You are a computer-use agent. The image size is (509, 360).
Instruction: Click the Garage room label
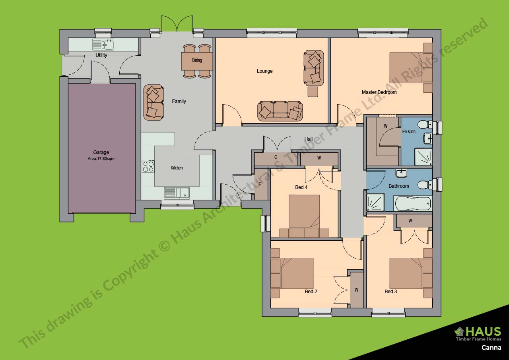coord(101,152)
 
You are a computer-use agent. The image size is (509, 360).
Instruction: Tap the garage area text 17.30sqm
coord(101,158)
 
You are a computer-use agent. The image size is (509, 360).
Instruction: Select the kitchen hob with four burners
coord(148,166)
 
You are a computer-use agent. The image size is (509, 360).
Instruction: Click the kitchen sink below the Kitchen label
coord(177,193)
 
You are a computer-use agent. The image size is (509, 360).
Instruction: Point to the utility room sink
coord(103,44)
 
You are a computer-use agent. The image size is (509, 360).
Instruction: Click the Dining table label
coord(197,60)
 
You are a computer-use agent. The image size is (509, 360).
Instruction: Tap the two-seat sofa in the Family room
coord(153,102)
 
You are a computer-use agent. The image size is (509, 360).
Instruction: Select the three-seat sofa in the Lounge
coord(280,111)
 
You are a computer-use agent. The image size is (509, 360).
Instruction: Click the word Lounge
coord(265,71)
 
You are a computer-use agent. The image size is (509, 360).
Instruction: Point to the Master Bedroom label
coord(379,92)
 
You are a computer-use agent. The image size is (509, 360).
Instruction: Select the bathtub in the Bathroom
coord(412,204)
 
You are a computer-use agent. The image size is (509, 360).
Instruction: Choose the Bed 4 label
coord(301,187)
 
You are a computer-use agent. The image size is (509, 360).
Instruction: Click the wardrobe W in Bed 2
coord(356,290)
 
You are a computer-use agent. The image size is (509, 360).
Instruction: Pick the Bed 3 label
coord(390,292)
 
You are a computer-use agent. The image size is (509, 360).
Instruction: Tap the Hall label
coord(309,139)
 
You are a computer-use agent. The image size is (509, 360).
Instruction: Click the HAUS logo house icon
coord(460,331)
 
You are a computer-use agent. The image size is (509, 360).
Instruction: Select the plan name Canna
coord(491,348)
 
